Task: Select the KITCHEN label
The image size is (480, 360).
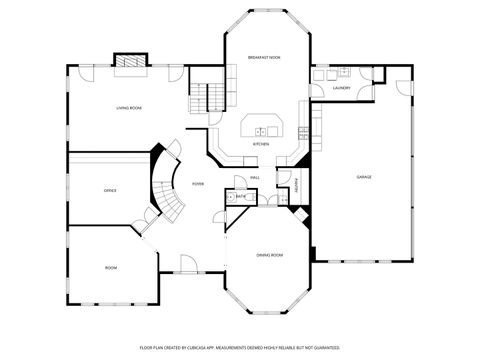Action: [261, 144]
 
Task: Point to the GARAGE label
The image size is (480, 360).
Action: [364, 176]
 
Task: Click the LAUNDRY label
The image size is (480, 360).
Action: [341, 89]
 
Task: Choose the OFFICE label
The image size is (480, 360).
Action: [110, 189]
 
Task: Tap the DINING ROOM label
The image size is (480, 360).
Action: [269, 255]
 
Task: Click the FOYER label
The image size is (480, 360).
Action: [199, 184]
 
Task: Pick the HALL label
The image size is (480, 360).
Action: [256, 177]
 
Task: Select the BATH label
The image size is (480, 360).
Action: [241, 197]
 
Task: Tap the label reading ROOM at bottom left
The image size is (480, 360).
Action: [111, 267]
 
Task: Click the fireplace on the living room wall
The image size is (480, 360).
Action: [128, 62]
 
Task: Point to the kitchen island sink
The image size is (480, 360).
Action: [264, 129]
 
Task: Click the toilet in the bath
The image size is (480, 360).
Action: [229, 197]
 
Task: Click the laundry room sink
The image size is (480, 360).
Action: [340, 74]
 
